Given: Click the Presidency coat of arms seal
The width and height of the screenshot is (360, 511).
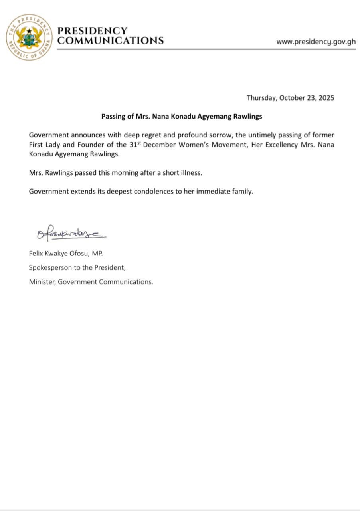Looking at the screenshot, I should coord(29,37).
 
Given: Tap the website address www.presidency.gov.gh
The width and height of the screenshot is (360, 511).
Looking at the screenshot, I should coord(316,42).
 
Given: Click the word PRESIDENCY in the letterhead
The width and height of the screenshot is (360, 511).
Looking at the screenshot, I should coord(92,31).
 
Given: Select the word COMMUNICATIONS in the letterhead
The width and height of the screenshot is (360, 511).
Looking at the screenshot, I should coord(111,40).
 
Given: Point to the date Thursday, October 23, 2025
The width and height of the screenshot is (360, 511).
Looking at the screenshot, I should coord(290,98).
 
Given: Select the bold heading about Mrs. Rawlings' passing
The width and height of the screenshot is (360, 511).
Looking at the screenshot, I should coord(182,117).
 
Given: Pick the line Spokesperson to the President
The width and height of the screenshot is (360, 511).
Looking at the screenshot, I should coord(78,267).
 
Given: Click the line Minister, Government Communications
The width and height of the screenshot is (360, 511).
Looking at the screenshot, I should coord(91,282).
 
